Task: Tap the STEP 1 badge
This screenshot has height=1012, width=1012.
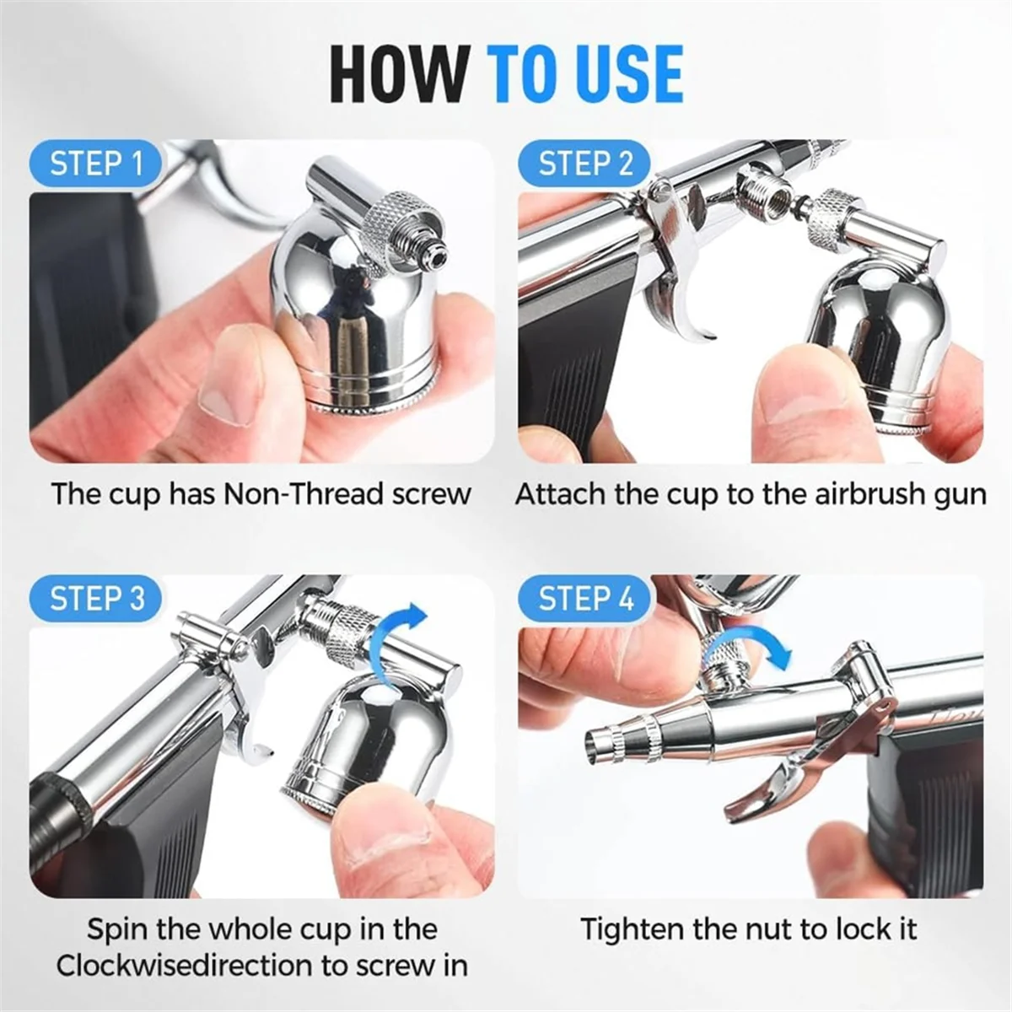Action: (96, 164)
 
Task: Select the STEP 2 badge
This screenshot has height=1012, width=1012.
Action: (585, 164)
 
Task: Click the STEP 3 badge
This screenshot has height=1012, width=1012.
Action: (96, 599)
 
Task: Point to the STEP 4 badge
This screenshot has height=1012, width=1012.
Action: (585, 599)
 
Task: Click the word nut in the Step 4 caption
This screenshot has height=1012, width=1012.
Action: (769, 929)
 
